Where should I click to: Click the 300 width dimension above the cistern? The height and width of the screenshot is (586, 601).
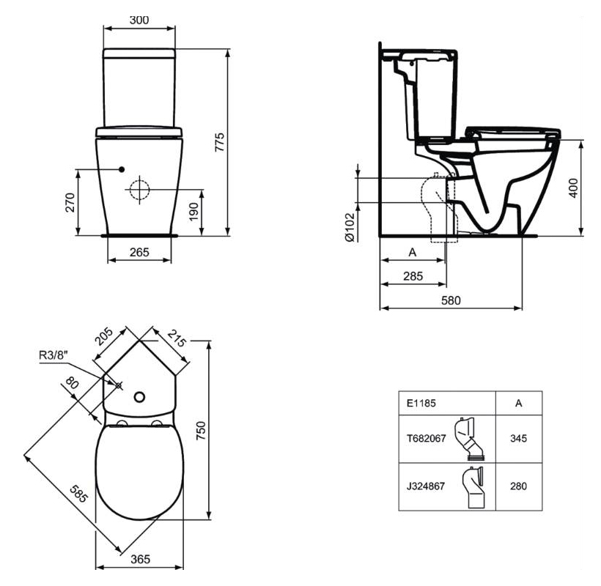tap(139, 20)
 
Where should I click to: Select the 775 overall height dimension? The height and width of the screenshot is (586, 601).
tap(220, 142)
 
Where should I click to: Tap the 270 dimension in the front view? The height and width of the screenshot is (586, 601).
tap(70, 202)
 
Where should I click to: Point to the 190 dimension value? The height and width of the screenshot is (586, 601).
tap(194, 212)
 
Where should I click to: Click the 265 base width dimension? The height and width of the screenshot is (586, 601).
tap(139, 253)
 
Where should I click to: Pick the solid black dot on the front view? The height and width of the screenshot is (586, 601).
tap(122, 169)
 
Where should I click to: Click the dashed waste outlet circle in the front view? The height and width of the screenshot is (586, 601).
tap(139, 190)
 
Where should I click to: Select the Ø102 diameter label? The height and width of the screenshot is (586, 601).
tap(350, 228)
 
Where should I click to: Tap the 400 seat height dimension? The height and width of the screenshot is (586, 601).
tap(573, 188)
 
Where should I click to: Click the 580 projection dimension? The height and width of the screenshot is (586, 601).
tap(451, 300)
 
